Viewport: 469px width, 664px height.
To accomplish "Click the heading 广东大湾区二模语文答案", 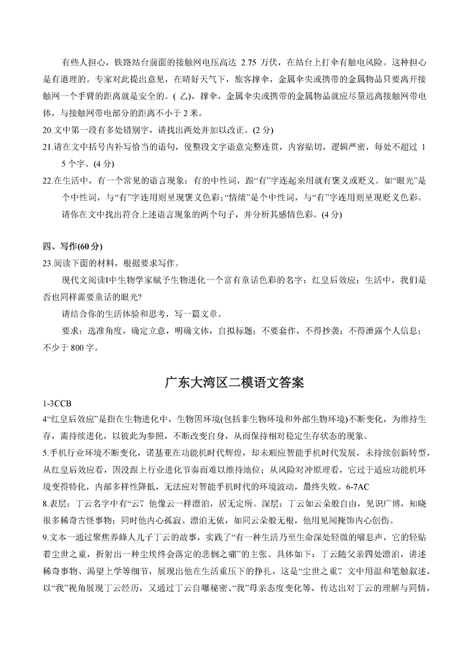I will tap(234, 383).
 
